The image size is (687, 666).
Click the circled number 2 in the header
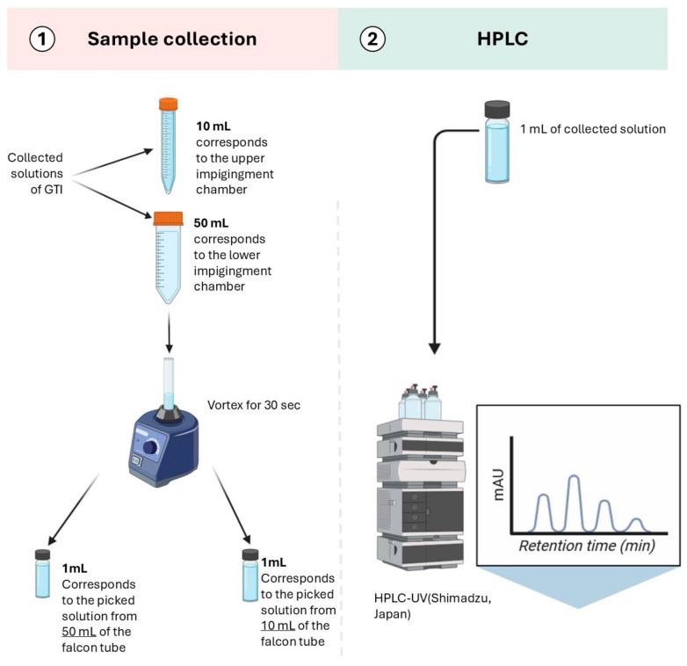pos(372,40)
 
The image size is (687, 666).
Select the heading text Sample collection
pos(171,40)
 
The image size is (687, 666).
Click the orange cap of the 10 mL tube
pos(168,105)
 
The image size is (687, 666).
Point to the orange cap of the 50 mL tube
pos(168,219)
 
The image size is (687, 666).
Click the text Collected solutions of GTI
pos(36,172)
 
